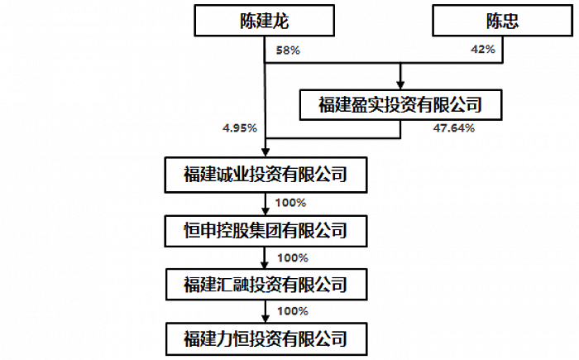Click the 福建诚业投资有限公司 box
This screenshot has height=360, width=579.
tap(264, 175)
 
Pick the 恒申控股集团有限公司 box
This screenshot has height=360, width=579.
tap(264, 229)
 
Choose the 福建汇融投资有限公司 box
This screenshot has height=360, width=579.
tap(264, 284)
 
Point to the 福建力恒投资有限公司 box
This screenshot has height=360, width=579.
tap(264, 339)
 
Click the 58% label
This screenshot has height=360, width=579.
tap(288, 50)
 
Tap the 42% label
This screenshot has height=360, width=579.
tap(482, 50)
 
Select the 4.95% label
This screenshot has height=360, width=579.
tap(240, 128)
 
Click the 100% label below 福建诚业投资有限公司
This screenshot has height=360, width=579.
tap(291, 202)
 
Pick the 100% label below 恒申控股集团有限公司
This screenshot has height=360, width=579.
tap(291, 257)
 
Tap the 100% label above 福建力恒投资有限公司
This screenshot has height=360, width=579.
tap(291, 312)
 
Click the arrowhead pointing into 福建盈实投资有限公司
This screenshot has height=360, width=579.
tap(400, 84)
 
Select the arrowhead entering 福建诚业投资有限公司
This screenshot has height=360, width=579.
tap(264, 154)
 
